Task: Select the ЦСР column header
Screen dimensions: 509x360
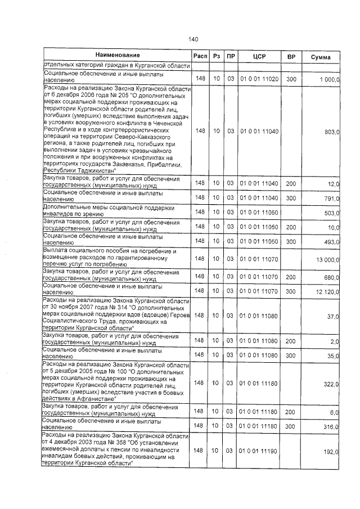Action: [259, 57]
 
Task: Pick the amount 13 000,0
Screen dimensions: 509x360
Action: [328, 259]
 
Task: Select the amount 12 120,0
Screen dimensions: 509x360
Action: [328, 291]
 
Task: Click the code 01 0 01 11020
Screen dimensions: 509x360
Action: [259, 80]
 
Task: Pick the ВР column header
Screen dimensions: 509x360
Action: [291, 57]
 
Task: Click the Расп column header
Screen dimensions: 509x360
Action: [200, 57]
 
